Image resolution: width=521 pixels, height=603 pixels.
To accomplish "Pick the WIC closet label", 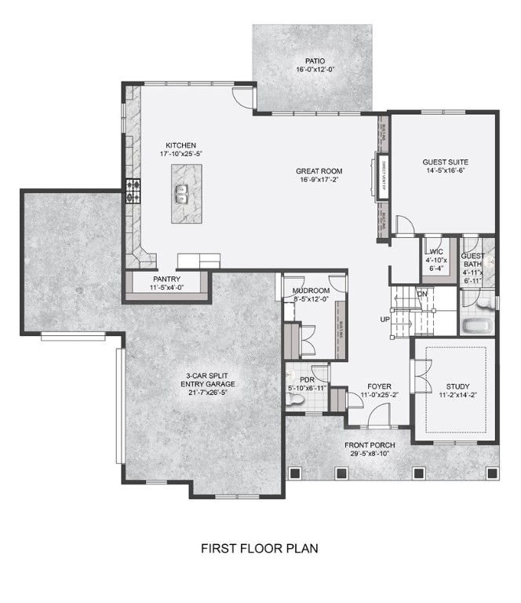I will [436, 251].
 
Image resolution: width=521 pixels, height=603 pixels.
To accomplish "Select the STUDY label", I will [457, 386].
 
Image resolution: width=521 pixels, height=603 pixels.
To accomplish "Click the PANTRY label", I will [167, 280].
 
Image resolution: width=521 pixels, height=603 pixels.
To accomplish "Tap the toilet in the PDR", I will [294, 400].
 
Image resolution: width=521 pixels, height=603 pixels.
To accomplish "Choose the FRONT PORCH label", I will [370, 445].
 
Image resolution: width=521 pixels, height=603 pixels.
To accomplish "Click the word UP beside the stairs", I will [384, 320].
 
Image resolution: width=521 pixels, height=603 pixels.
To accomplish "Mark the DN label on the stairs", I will [422, 294].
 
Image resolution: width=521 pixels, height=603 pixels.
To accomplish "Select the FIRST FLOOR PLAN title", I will [260, 548].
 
